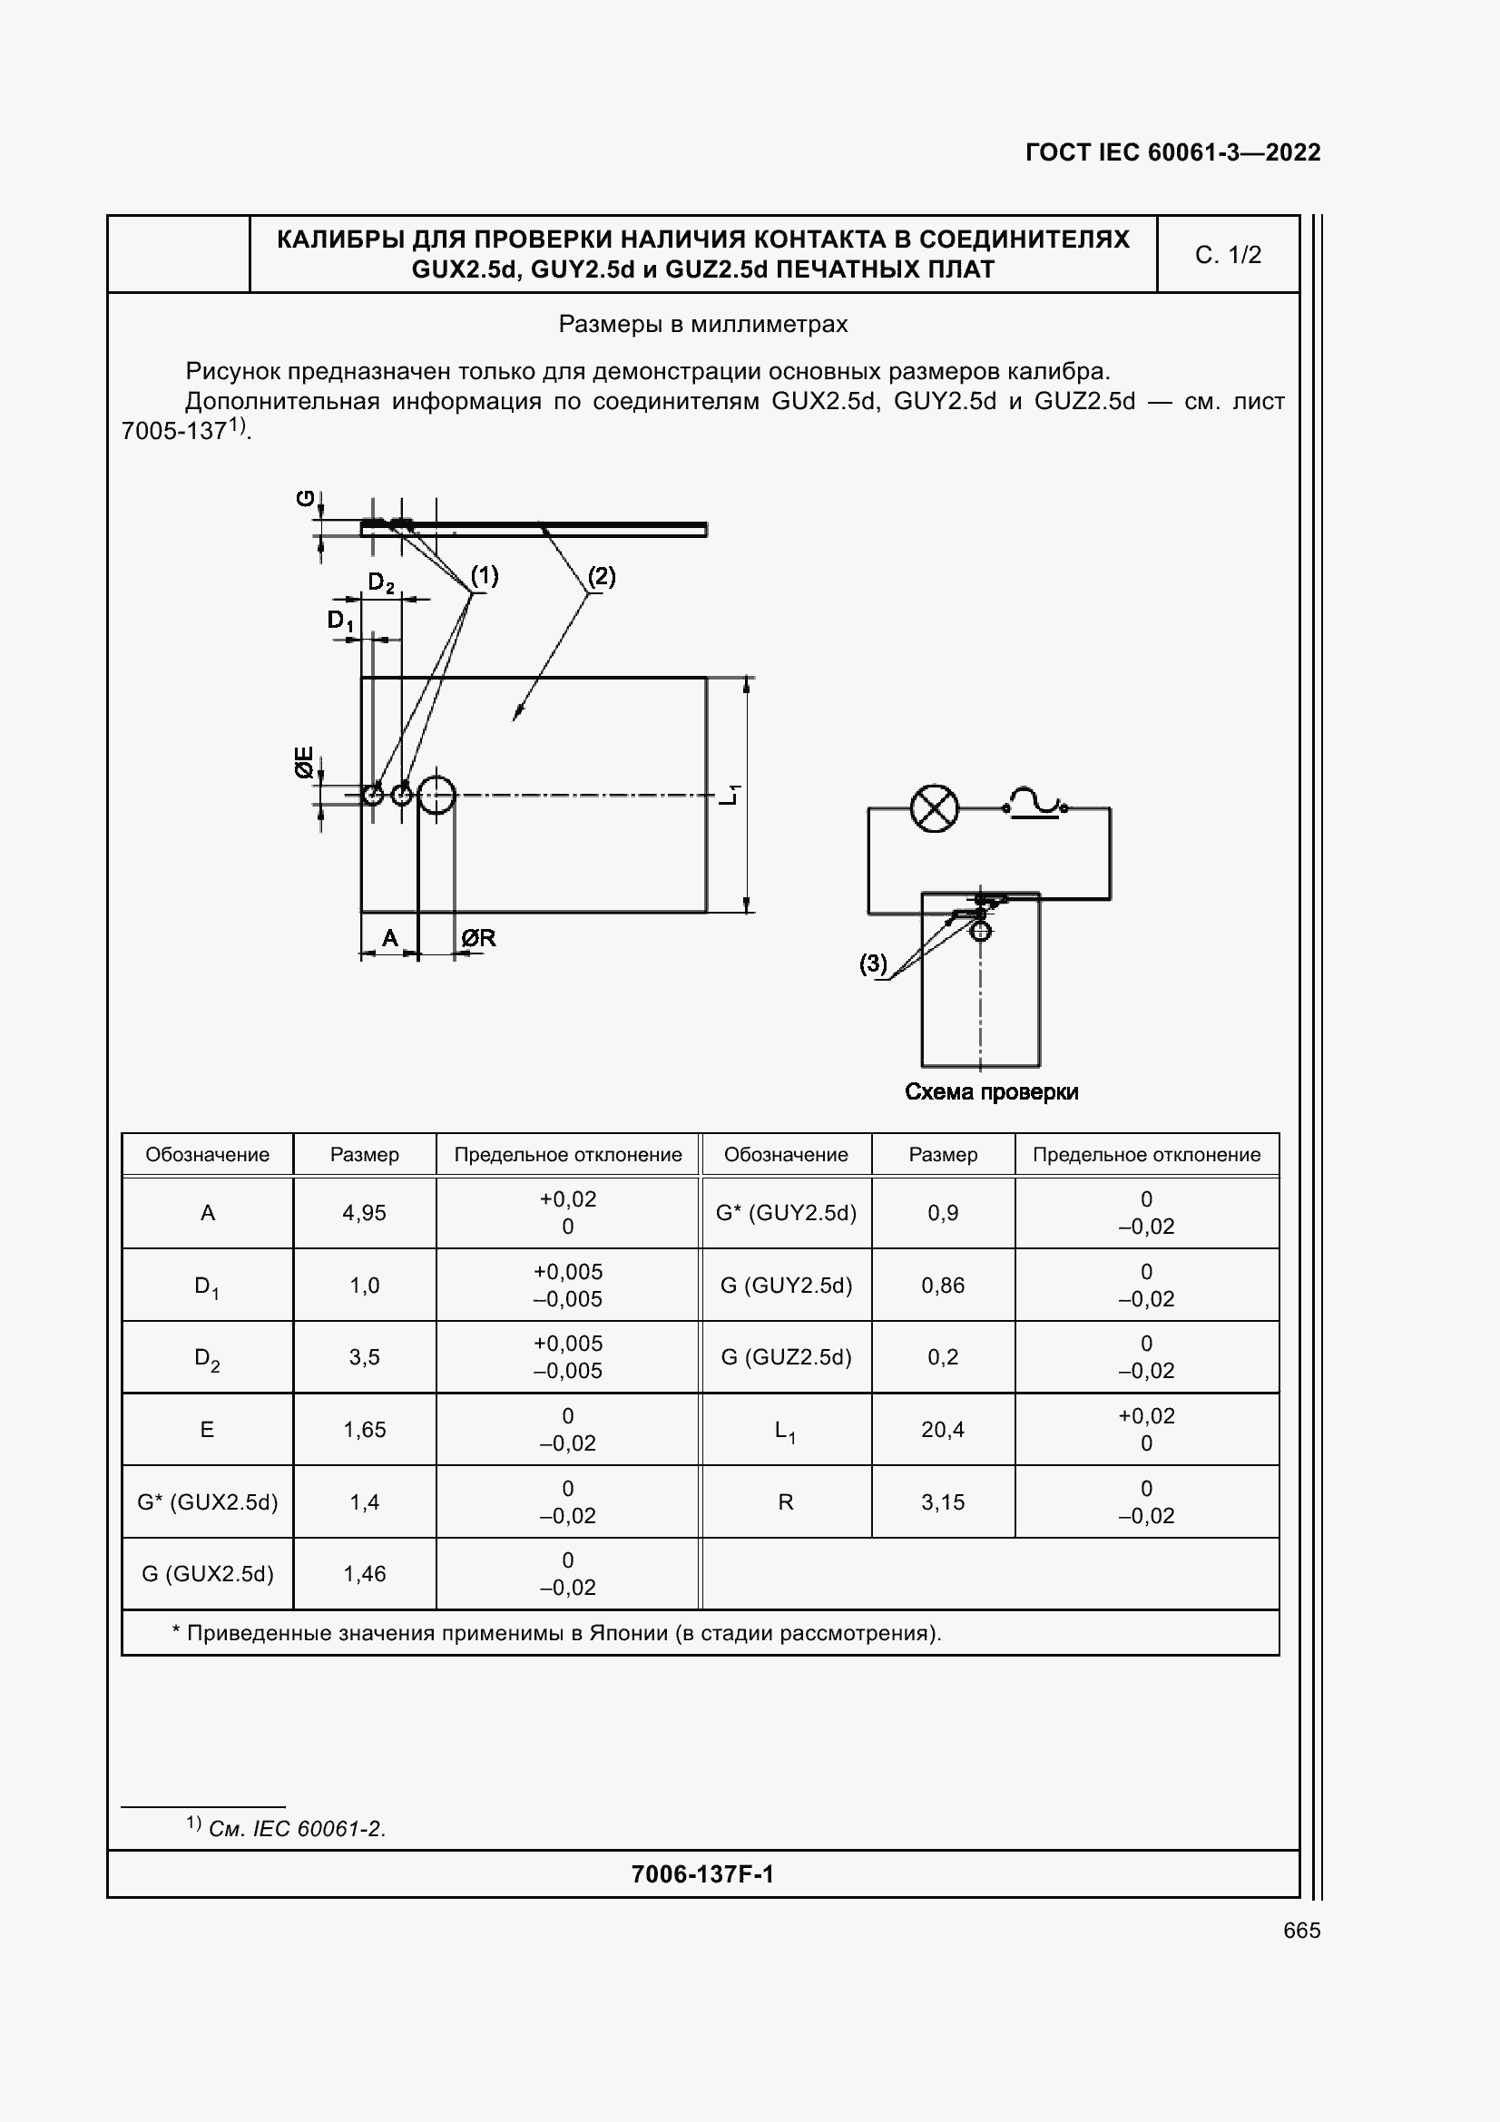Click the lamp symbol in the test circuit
click(x=935, y=808)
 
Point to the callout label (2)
click(x=602, y=577)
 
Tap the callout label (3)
click(x=872, y=964)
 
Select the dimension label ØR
click(x=479, y=938)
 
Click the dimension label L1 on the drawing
click(x=730, y=794)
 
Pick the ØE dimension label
click(x=304, y=761)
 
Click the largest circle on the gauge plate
click(x=436, y=795)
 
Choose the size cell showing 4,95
click(x=364, y=1213)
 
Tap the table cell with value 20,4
click(x=943, y=1430)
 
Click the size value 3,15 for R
click(x=943, y=1501)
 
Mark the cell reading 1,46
click(x=364, y=1574)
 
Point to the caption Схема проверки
click(x=991, y=1091)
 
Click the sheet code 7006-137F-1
click(x=702, y=1873)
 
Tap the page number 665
click(x=1301, y=1930)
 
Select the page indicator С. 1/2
click(x=1228, y=255)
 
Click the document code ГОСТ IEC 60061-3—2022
click(x=1172, y=152)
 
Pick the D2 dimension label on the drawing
click(x=381, y=582)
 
